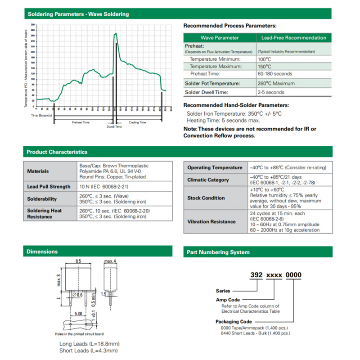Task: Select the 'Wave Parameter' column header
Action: tap(220, 38)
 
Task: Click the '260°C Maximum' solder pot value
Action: tap(276, 83)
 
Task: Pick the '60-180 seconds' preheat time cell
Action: tap(275, 73)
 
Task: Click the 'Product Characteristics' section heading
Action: tap(57, 152)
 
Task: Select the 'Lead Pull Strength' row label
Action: tap(49, 187)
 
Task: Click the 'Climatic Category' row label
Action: tap(208, 180)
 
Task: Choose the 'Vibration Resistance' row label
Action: tap(211, 221)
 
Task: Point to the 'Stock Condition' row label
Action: tap(206, 198)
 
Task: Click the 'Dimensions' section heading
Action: tap(42, 252)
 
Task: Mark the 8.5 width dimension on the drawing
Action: tap(78, 261)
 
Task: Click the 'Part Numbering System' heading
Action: tap(218, 252)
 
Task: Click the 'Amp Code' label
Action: tap(228, 300)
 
